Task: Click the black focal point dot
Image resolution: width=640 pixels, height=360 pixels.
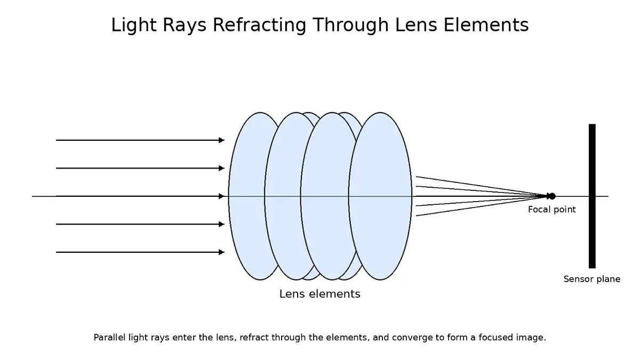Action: point(551,196)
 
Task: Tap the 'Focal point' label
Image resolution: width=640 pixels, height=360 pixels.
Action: point(551,210)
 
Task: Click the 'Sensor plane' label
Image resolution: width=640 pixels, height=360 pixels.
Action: point(591,279)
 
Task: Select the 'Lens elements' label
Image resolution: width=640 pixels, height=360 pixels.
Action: point(319,294)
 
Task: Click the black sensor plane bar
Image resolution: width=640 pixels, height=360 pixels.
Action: point(592,160)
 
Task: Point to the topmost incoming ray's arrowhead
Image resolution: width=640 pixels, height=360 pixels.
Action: point(221,140)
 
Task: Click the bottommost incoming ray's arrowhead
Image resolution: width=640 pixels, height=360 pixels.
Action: point(221,252)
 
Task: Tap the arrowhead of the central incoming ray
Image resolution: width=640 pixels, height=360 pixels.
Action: point(221,196)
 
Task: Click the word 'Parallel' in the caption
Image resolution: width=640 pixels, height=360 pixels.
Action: point(109,338)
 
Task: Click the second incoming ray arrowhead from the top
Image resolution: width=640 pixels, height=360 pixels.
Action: point(221,168)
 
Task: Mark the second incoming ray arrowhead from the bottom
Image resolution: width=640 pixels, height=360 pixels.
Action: point(221,224)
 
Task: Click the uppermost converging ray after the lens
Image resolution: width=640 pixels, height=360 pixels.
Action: point(453,181)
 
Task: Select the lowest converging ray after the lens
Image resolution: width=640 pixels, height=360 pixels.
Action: point(453,211)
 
